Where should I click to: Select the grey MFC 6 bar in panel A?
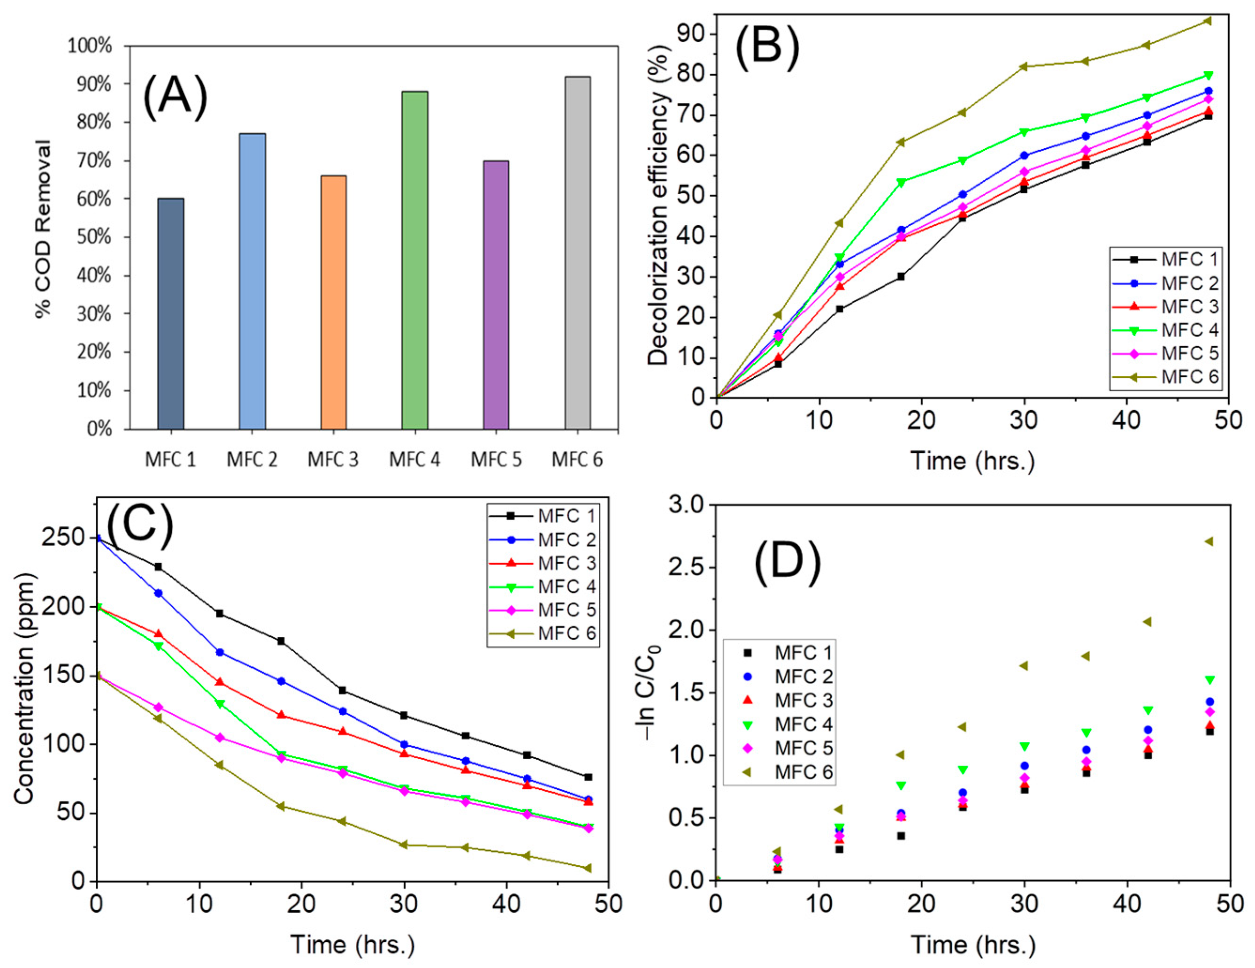tap(577, 253)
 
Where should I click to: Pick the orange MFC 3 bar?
tap(333, 302)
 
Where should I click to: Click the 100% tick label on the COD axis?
tap(90, 46)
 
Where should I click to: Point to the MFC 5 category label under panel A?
tap(496, 459)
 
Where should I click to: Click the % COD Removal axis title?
tap(43, 229)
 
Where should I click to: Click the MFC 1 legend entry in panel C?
tap(543, 516)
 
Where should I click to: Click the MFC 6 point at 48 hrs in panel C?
tap(587, 868)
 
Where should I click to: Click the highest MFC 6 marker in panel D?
tap(1209, 541)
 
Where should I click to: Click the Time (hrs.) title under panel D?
tap(973, 945)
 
